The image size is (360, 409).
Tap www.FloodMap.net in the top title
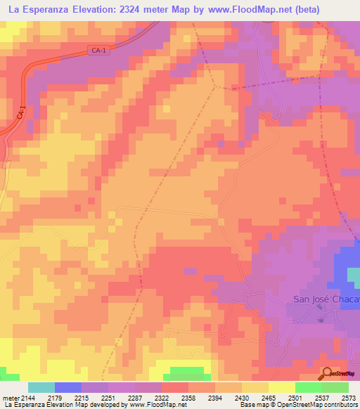pyautogui.click(x=231, y=10)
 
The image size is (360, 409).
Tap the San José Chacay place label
pyautogui.click(x=326, y=300)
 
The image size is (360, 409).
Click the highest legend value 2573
pyautogui.click(x=346, y=398)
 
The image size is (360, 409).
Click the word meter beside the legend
pyautogui.click(x=10, y=398)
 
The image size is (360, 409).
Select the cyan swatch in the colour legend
pyautogui.click(x=41, y=387)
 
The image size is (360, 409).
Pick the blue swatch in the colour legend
pyautogui.click(x=68, y=387)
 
